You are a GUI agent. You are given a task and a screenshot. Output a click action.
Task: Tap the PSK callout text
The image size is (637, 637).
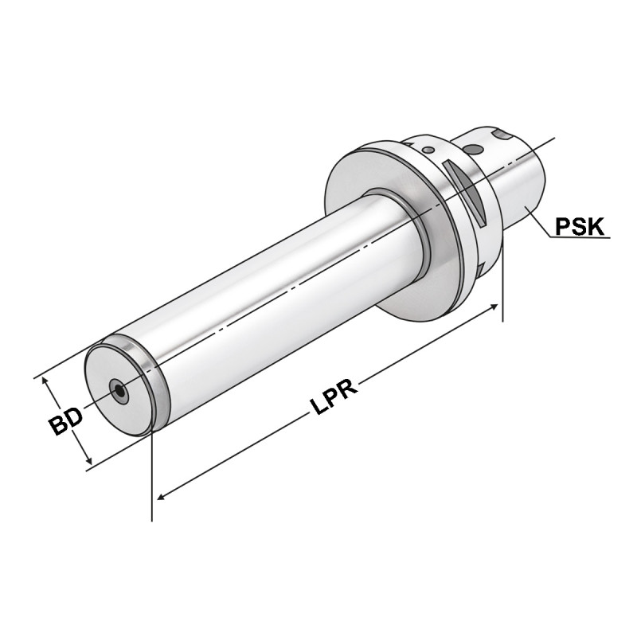[580, 227]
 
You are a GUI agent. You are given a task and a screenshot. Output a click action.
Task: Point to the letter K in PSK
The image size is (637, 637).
[596, 227]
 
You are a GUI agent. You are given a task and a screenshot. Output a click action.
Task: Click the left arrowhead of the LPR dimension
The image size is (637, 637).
[162, 496]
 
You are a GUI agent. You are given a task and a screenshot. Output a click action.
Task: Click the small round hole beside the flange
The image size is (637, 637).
[428, 149]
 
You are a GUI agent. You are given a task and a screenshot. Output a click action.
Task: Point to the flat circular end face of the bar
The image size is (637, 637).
[119, 387]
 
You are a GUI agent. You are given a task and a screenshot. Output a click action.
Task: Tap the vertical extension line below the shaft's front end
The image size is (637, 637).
[151, 478]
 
